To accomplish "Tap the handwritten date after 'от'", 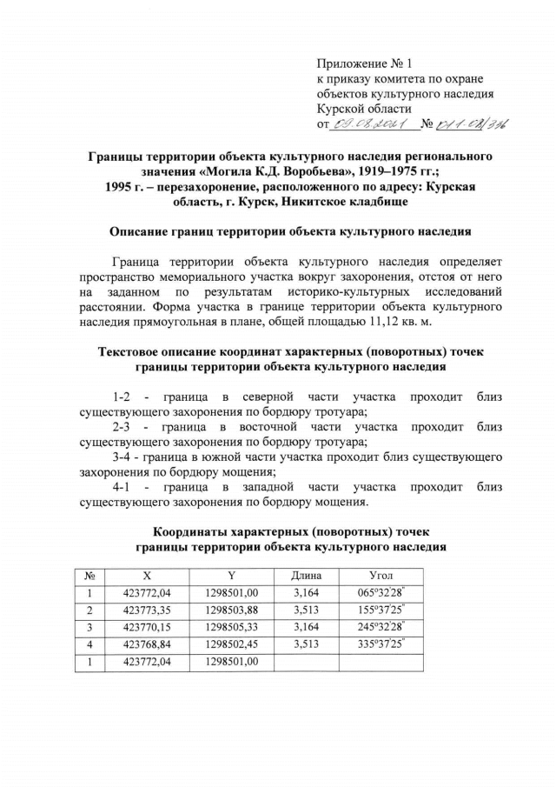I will pos(371,124).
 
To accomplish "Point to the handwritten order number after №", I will pos(473,124).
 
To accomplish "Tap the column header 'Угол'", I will pos(381,575).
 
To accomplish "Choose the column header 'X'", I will pos(146,575).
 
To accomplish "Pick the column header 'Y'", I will pos(232,575).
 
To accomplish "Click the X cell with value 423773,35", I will pos(146,610).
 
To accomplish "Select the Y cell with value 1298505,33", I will pos(232,627).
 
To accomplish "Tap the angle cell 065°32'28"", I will pos(381,593).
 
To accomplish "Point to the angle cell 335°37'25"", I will pos(381,644).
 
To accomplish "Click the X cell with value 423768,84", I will pos(146,644).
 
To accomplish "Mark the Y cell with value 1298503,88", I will pos(232,610).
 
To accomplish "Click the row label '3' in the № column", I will pos(89,627).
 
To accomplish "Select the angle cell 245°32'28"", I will pos(381,627).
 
